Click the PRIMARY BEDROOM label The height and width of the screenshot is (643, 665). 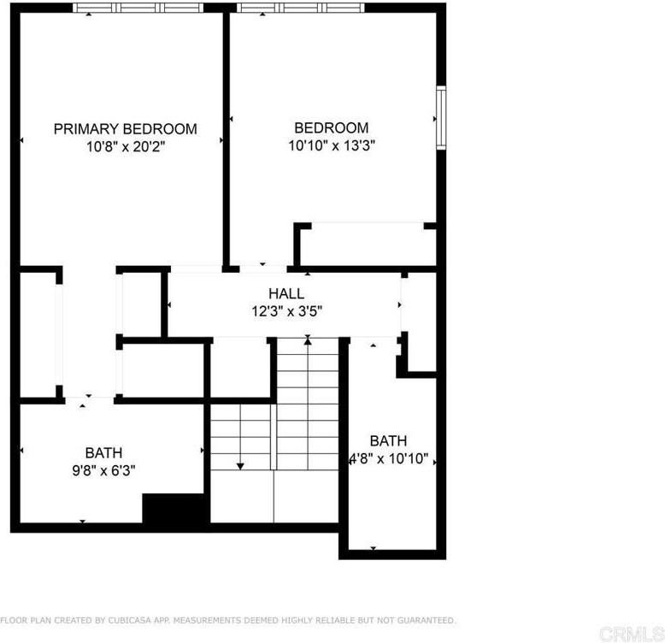point(125,129)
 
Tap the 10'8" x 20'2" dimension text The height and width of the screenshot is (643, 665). point(125,146)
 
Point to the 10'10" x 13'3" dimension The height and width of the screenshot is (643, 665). point(332,145)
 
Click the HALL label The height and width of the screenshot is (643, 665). point(285,294)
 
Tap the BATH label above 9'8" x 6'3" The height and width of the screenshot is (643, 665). point(103,452)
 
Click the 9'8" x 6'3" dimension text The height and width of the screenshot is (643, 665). point(103,469)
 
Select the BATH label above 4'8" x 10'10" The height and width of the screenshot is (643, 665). point(388,441)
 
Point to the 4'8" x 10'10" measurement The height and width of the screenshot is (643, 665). point(388,458)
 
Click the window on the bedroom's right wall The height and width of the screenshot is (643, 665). point(441,118)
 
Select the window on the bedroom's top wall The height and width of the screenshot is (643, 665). point(300,8)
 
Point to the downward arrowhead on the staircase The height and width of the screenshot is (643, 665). point(241,466)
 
